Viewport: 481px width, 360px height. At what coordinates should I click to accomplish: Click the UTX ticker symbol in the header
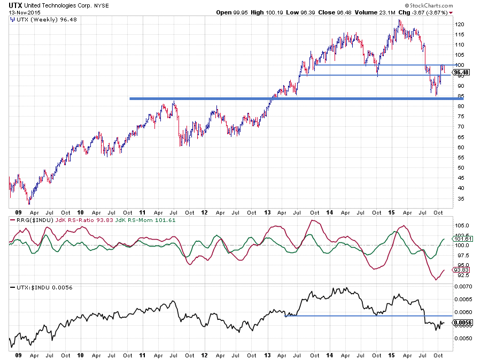15,4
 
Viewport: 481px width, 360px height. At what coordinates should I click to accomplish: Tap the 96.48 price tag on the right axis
460,72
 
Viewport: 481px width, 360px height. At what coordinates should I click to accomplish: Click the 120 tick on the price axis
459,25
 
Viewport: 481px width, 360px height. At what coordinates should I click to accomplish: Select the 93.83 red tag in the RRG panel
460,270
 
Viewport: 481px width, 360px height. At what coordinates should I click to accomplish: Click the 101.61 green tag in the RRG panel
460,239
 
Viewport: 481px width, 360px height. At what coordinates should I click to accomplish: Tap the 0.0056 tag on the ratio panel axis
461,323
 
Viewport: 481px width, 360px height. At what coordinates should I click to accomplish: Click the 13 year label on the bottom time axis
267,354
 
